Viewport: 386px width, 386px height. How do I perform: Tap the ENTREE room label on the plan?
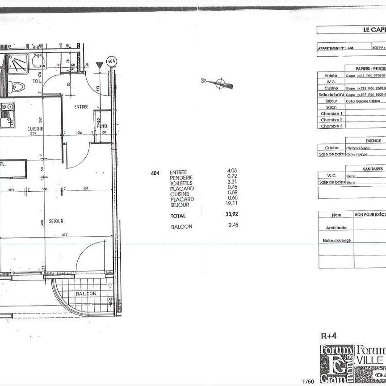click(x=81, y=107)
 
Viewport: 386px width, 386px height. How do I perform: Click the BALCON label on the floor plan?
click(x=86, y=294)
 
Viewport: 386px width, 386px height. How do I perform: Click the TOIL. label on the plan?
click(x=37, y=81)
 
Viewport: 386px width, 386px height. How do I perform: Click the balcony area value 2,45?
click(x=233, y=225)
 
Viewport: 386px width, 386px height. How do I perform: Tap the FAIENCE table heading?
click(x=373, y=141)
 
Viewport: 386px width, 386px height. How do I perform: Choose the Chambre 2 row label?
click(x=331, y=120)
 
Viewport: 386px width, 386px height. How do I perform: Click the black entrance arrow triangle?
click(x=99, y=65)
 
